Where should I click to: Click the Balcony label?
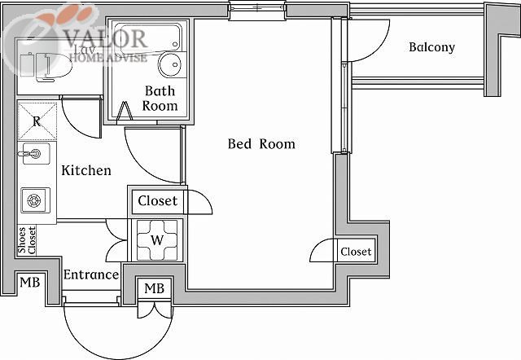(x=431, y=47)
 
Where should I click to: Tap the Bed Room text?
(x=260, y=144)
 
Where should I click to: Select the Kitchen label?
(x=86, y=171)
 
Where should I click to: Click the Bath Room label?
(x=160, y=98)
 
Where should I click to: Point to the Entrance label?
(x=91, y=274)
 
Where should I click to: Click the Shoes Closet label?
(x=27, y=240)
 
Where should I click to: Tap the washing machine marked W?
(x=158, y=239)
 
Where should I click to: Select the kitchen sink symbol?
(x=34, y=153)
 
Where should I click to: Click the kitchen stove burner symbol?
(x=35, y=200)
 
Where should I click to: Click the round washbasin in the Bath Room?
(x=171, y=64)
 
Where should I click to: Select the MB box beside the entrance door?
(x=155, y=289)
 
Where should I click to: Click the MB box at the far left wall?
(x=29, y=283)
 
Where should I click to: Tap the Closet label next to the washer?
(x=157, y=200)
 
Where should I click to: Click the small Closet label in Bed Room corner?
(x=356, y=252)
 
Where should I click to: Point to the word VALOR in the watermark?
(x=106, y=37)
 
